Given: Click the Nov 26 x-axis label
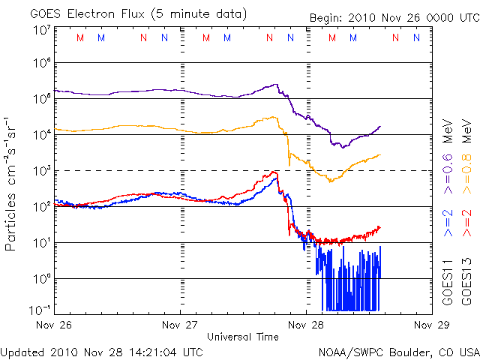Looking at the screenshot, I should [55, 325].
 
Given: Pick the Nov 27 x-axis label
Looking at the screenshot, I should [181, 325].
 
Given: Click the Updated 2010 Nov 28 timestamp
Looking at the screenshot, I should [101, 351].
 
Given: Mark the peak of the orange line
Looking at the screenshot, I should [274, 116].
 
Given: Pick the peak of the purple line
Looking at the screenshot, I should [277, 85].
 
